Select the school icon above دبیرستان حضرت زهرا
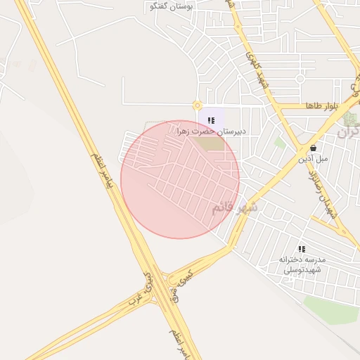click(211, 120)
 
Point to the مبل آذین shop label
click(312, 159)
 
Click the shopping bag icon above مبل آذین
click(312, 148)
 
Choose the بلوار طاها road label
click(322, 105)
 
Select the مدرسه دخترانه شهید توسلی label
click(300, 264)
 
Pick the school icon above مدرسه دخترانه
click(302, 249)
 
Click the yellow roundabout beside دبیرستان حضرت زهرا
click(197, 106)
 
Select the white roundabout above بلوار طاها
click(300, 78)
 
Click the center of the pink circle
click(180, 179)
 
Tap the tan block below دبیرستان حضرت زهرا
click(207, 143)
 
